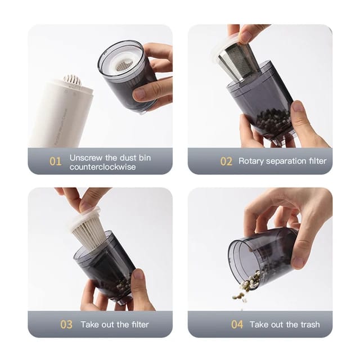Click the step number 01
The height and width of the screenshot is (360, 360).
click(x=55, y=161)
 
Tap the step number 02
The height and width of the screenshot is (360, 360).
click(x=226, y=161)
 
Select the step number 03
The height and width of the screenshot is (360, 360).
click(x=66, y=325)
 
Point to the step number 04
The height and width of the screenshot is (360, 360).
click(x=237, y=325)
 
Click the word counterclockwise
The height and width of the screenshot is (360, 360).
click(x=102, y=166)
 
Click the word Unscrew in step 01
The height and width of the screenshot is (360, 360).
click(x=85, y=157)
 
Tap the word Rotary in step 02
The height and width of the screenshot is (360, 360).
click(x=251, y=161)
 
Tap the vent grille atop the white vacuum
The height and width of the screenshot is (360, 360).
click(x=72, y=81)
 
